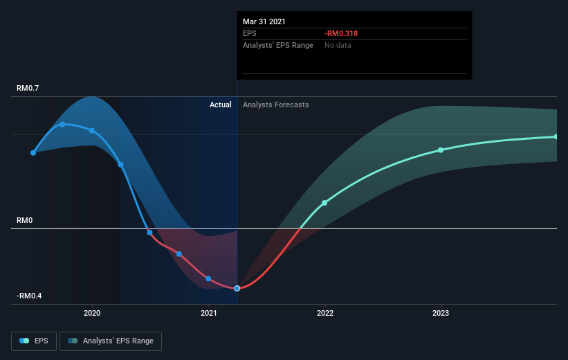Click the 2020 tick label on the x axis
point(92,313)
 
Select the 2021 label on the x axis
point(209,313)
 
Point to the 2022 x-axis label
point(325,313)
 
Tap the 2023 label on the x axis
point(441,313)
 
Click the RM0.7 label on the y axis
point(28,88)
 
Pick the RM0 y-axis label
point(25,220)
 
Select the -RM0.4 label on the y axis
point(29,296)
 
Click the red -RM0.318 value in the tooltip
point(341,33)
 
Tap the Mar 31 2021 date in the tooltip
point(264,21)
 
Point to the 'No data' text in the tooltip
point(338,45)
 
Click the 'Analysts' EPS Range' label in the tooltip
point(278,45)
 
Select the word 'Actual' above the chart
point(220,105)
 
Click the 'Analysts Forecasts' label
point(275,105)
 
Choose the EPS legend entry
point(34,341)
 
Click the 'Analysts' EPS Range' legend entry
point(111,341)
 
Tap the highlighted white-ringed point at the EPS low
point(237,288)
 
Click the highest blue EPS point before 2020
point(63,125)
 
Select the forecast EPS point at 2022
point(324,203)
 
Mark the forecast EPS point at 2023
point(441,150)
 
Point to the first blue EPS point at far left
point(33,153)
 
